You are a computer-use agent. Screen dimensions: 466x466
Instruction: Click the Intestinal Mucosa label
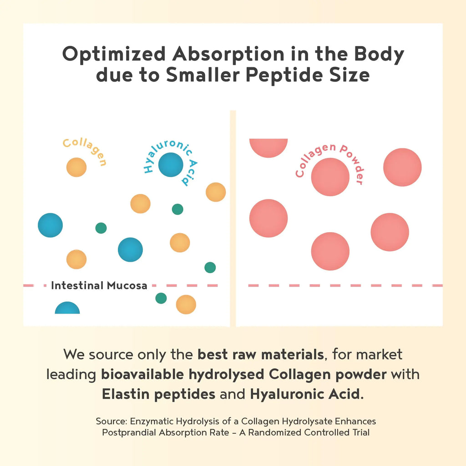pyautogui.click(x=99, y=286)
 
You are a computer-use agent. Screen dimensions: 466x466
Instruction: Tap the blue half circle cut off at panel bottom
pyautogui.click(x=67, y=309)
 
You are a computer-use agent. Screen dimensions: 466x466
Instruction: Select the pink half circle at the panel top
pyautogui.click(x=268, y=147)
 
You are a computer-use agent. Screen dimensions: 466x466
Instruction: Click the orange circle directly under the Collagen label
pyautogui.click(x=76, y=167)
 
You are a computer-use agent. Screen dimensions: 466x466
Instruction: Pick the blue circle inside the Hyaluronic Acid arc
pyautogui.click(x=171, y=165)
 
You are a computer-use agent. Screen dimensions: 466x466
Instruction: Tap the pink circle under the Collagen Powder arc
pyautogui.click(x=330, y=177)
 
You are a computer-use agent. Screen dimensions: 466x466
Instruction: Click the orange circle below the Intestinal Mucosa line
pyautogui.click(x=186, y=304)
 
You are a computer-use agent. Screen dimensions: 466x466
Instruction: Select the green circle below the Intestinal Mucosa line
pyautogui.click(x=161, y=298)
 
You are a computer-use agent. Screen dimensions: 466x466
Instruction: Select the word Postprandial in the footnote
pyautogui.click(x=129, y=432)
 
